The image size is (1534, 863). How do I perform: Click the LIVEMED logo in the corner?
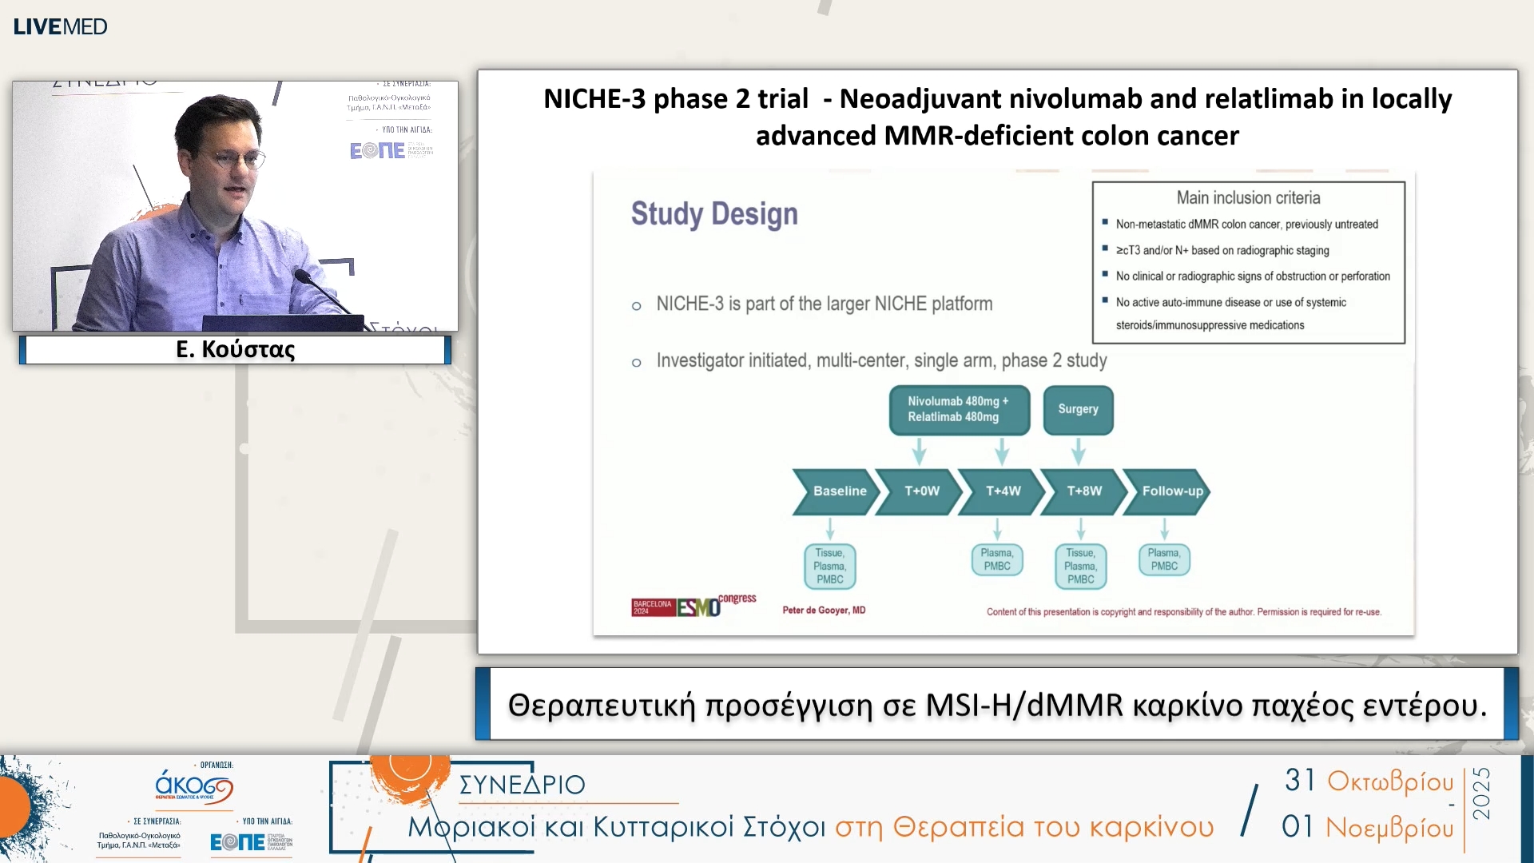(60, 26)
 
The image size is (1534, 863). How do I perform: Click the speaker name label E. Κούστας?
(235, 349)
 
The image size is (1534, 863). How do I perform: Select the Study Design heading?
(714, 214)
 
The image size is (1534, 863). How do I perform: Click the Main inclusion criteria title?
(1248, 197)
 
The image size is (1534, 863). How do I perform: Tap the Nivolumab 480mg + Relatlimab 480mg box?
(959, 409)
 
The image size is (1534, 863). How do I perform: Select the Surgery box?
(1078, 409)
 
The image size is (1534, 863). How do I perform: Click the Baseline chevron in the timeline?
(837, 491)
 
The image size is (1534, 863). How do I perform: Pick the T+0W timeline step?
(921, 491)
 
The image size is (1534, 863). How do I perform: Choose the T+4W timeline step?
(1003, 491)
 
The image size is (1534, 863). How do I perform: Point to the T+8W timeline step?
(1084, 491)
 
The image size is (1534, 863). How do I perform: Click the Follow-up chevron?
(1170, 491)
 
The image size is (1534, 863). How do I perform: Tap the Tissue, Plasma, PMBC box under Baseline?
(829, 566)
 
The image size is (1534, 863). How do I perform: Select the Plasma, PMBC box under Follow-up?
(1164, 559)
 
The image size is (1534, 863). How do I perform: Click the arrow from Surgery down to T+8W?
(1079, 451)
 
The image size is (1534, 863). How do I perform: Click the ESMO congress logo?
(693, 606)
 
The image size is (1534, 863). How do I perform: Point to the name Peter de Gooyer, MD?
(824, 610)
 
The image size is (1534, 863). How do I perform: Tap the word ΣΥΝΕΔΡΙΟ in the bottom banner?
(523, 785)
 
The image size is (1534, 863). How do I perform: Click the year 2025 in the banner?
(1481, 793)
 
